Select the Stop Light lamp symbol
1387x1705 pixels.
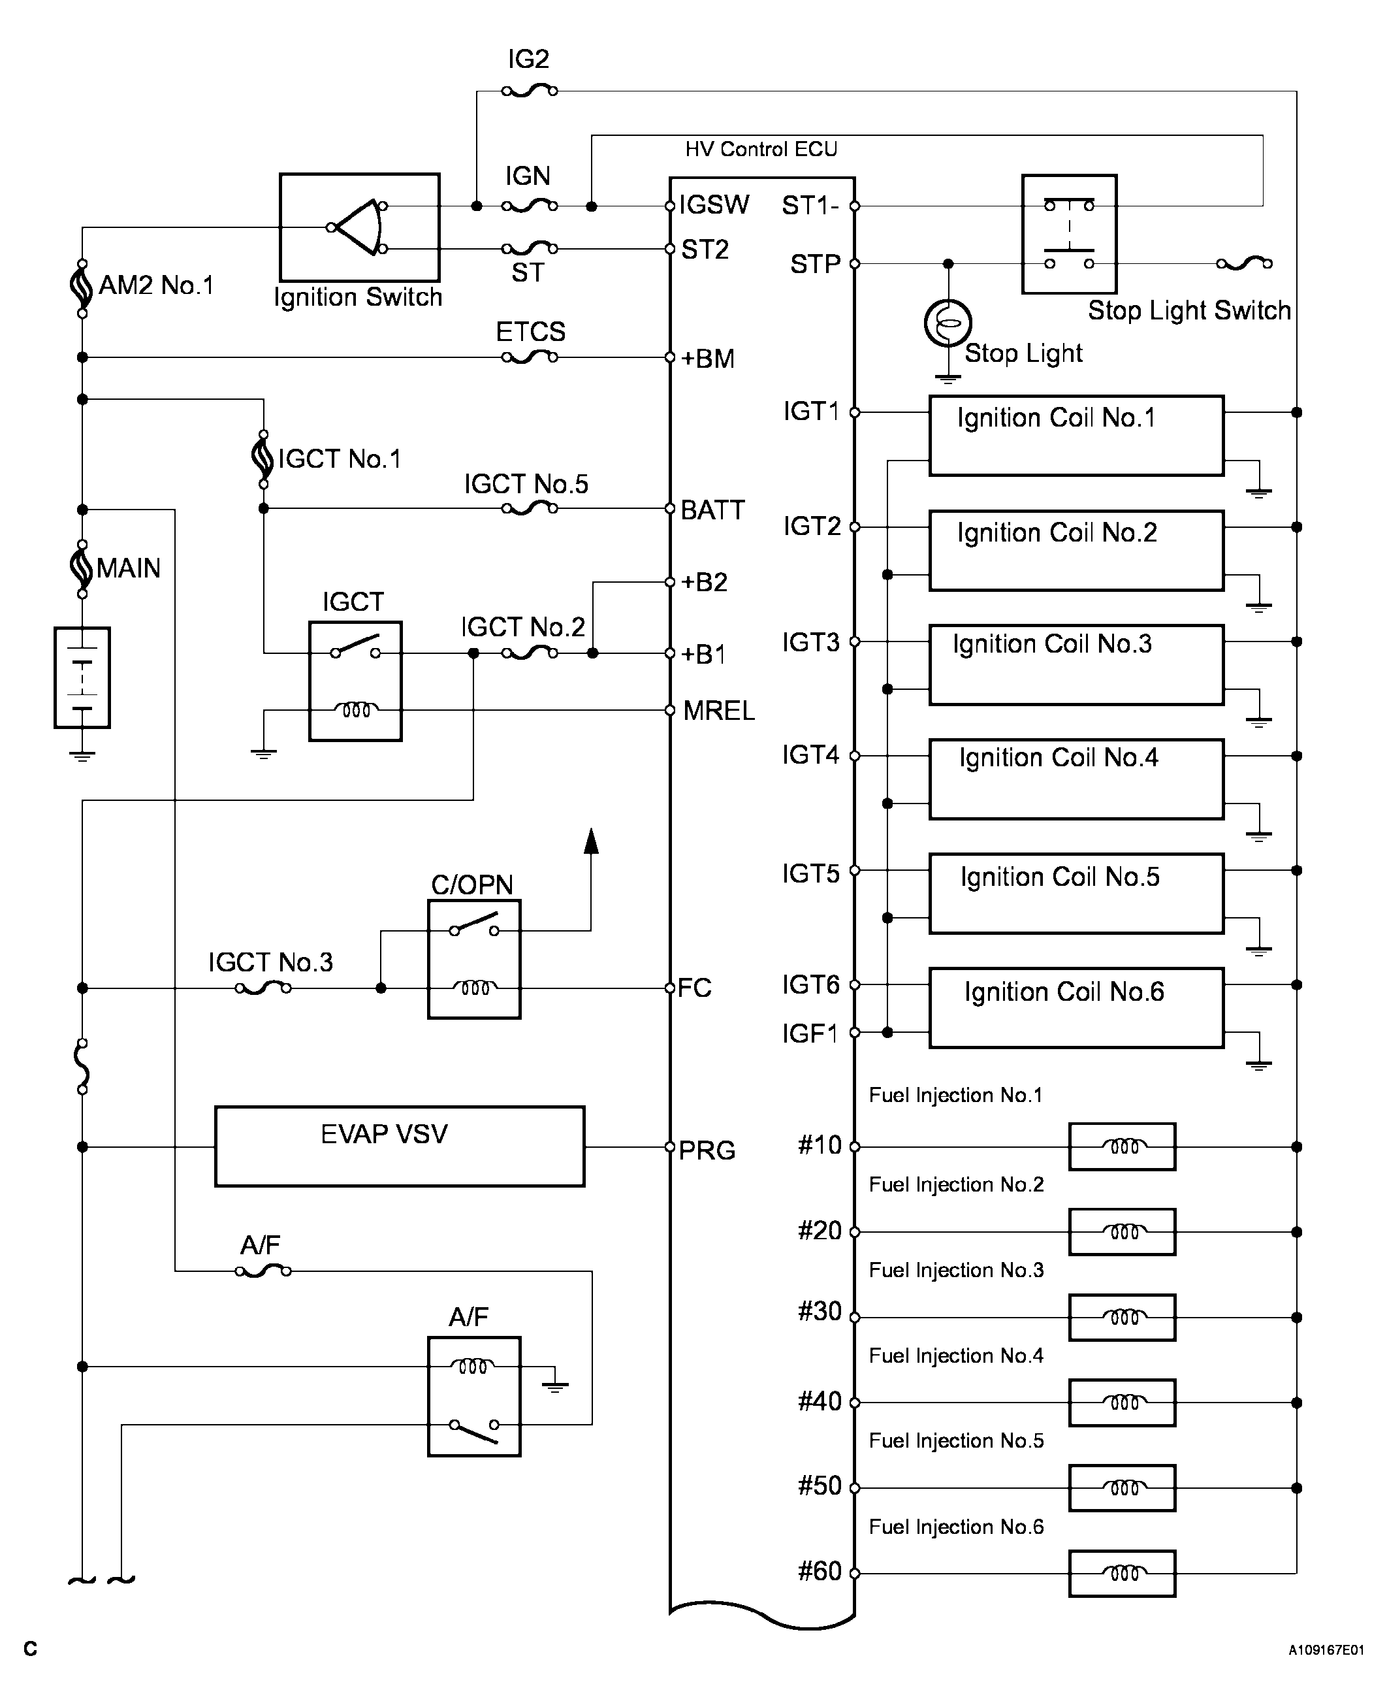point(948,323)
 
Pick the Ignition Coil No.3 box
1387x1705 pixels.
point(1076,664)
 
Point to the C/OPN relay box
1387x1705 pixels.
point(474,958)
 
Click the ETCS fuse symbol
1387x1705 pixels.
point(530,357)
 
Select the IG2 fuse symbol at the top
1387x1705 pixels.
point(529,91)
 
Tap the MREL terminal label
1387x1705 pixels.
point(718,711)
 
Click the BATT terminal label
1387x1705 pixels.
point(712,510)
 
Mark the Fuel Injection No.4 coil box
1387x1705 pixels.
point(1122,1402)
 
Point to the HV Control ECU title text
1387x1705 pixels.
point(761,150)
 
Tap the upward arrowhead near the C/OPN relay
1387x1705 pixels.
point(591,841)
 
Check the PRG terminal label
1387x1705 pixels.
point(707,1150)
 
